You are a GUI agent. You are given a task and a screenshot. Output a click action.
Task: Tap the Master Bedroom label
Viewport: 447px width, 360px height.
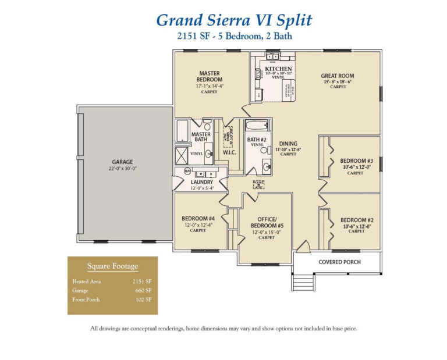click(210, 76)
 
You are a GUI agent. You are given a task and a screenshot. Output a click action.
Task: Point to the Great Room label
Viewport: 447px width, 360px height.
click(338, 76)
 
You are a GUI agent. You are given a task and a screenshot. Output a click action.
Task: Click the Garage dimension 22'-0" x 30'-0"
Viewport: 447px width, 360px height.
click(123, 169)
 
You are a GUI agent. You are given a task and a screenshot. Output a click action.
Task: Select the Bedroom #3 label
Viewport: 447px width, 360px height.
click(356, 161)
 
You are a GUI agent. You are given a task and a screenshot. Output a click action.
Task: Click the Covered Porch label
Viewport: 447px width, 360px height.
click(339, 262)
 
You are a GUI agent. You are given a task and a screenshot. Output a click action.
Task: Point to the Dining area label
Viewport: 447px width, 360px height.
click(288, 143)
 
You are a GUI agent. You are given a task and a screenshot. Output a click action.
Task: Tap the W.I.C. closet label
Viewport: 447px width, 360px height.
click(228, 154)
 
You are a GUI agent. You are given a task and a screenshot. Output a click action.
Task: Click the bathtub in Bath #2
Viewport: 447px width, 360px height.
click(257, 126)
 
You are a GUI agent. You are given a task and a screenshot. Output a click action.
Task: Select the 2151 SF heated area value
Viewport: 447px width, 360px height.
click(142, 280)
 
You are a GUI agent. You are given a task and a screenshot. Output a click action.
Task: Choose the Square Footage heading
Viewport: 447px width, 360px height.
click(112, 266)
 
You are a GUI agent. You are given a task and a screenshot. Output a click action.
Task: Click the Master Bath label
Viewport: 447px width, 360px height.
click(201, 137)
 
